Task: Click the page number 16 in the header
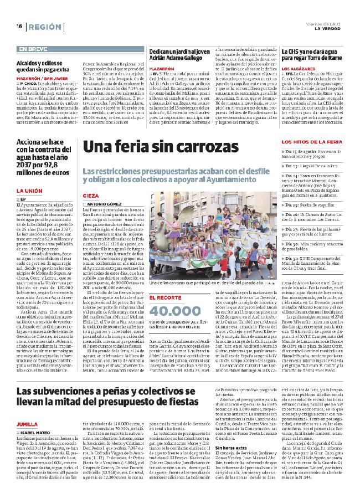coord(18,26)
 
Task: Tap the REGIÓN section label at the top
coord(45,27)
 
